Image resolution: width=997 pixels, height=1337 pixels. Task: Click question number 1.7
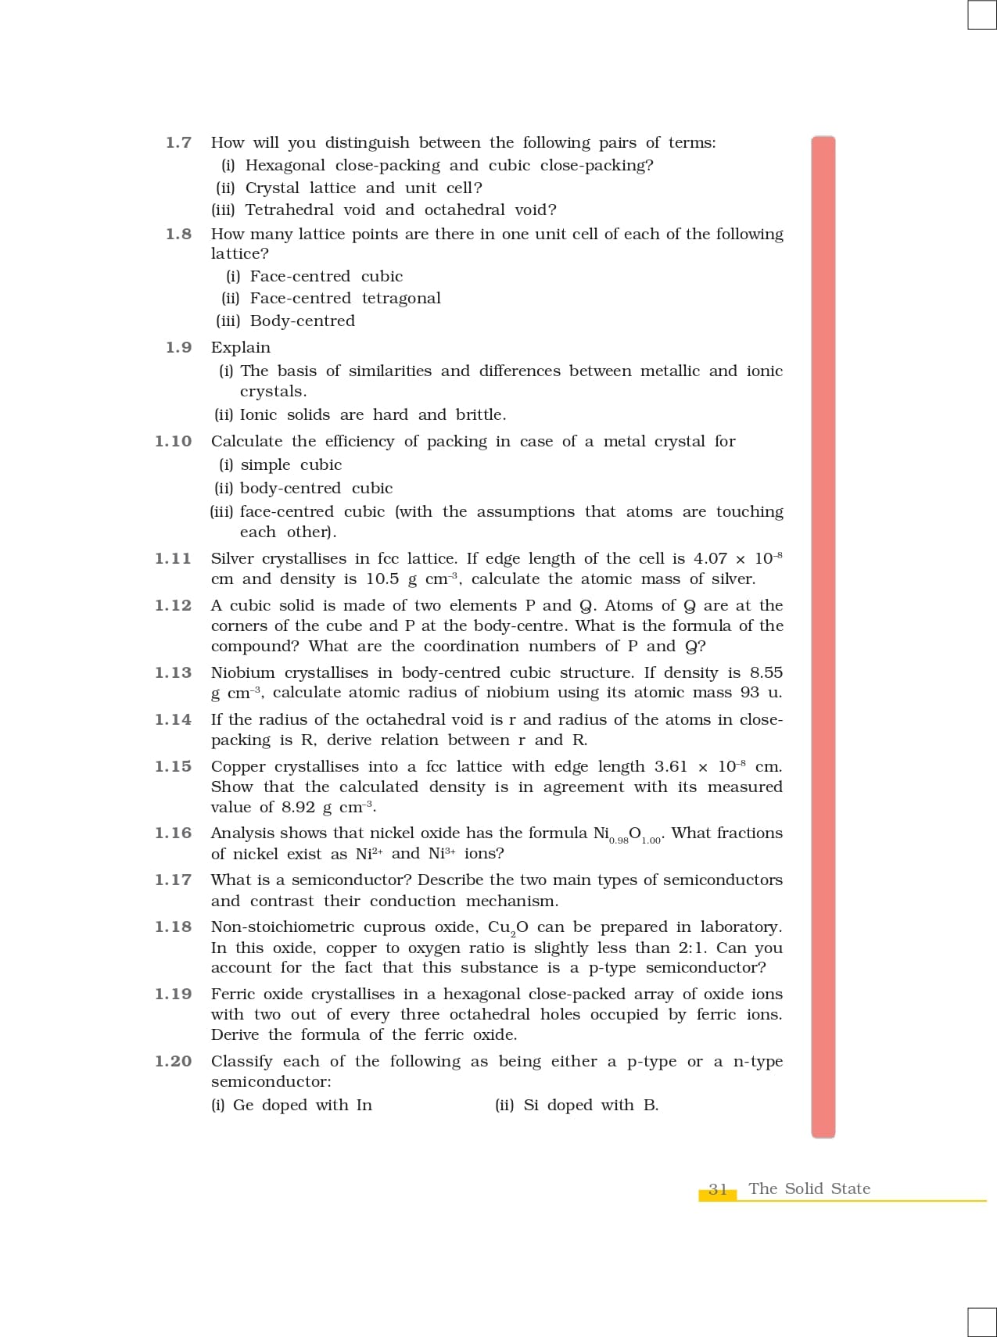[x=178, y=142]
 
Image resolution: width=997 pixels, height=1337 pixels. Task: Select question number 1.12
[x=173, y=605]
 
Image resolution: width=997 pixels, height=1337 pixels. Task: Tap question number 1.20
[x=173, y=1061]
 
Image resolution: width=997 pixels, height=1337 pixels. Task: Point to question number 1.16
[x=173, y=833]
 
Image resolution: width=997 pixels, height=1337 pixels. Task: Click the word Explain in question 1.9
[x=241, y=347]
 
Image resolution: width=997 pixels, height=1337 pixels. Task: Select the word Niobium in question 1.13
[x=242, y=672]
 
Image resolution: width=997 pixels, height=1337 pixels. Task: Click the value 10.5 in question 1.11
[x=383, y=579]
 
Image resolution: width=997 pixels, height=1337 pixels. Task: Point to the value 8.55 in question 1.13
[x=766, y=672]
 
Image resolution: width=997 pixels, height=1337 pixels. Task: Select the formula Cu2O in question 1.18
[x=508, y=927]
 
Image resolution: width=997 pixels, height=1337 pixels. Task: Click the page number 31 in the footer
[x=718, y=1189]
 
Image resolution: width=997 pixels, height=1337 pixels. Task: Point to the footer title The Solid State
[x=809, y=1188]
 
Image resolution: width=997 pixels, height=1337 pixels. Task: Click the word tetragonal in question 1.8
[x=401, y=298]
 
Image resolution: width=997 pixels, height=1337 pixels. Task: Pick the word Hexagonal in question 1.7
[x=285, y=165]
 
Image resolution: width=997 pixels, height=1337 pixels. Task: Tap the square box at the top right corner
[x=981, y=15]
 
